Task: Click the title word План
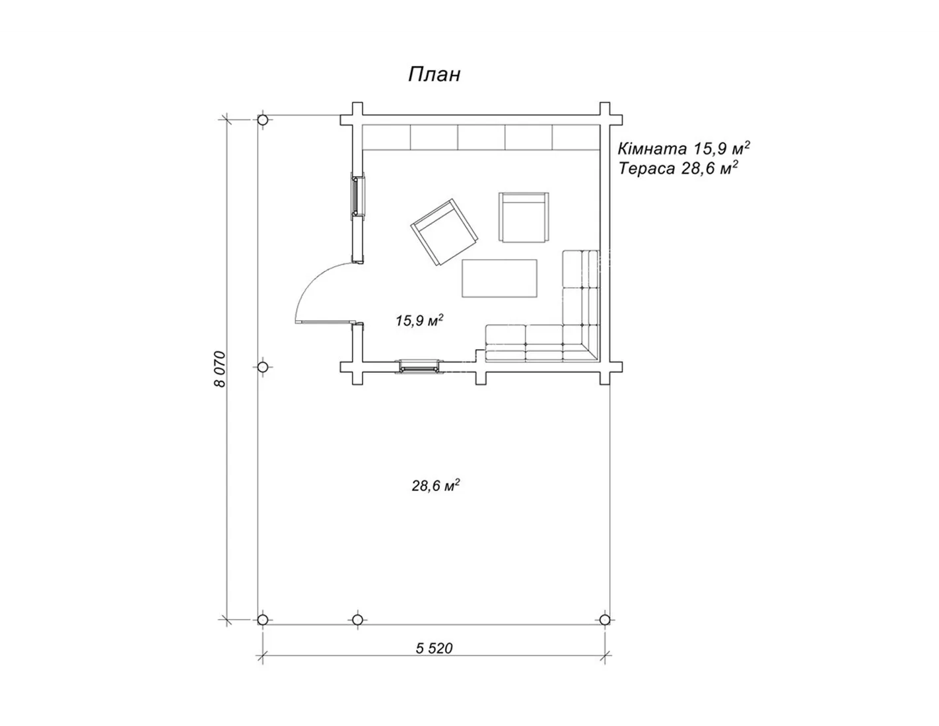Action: coord(435,75)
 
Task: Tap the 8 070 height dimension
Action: coord(221,369)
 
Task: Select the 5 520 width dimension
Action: coord(435,648)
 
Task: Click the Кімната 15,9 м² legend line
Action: coord(684,148)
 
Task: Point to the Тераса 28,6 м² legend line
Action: coord(678,168)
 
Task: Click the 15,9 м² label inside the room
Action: coord(419,321)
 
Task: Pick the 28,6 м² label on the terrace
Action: coord(436,486)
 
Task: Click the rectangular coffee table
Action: coord(499,278)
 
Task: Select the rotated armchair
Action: coord(444,232)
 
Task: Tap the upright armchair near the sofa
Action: coord(524,217)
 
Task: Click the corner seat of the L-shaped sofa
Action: coord(581,343)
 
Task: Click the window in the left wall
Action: coord(358,196)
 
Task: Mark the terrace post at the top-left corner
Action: coord(263,120)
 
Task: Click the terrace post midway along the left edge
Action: coord(263,367)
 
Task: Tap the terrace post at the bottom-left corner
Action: coord(263,620)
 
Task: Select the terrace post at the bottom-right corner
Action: coord(605,620)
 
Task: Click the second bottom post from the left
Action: coord(357,620)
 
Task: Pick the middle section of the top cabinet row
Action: coord(481,138)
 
